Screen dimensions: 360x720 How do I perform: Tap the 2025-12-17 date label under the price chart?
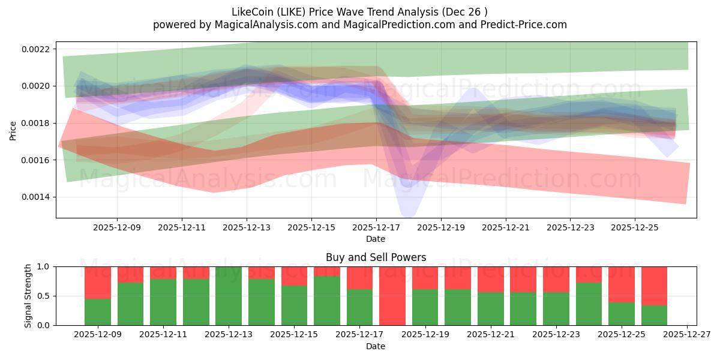(376, 228)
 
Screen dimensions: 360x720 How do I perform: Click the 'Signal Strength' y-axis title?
(28, 296)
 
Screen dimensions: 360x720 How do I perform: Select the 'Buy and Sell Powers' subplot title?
(376, 257)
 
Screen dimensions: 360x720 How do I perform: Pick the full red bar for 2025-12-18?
(392, 296)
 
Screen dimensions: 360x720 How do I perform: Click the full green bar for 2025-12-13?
(229, 296)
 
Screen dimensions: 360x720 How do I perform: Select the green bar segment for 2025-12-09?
(98, 312)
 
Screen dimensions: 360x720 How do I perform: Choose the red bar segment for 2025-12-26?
(654, 286)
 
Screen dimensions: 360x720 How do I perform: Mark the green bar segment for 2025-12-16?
(327, 301)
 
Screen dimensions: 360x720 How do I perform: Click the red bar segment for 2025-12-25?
(622, 284)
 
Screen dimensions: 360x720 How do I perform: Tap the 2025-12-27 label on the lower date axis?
(686, 334)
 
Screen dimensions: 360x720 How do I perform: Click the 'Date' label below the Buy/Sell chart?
(376, 346)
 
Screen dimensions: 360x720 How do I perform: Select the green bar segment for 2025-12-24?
(589, 304)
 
